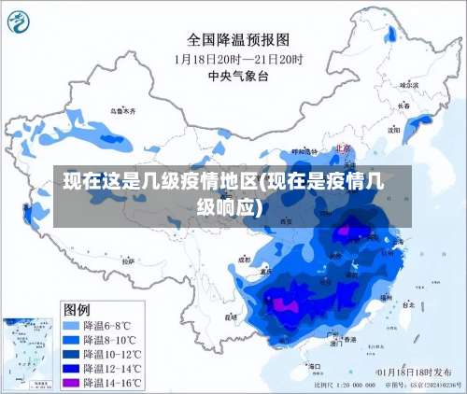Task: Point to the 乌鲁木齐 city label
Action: (121, 111)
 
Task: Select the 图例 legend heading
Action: (77, 308)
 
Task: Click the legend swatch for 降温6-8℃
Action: (71, 326)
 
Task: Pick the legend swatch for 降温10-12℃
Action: (71, 355)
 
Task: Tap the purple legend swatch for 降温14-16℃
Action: (71, 383)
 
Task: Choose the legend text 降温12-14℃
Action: (112, 369)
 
